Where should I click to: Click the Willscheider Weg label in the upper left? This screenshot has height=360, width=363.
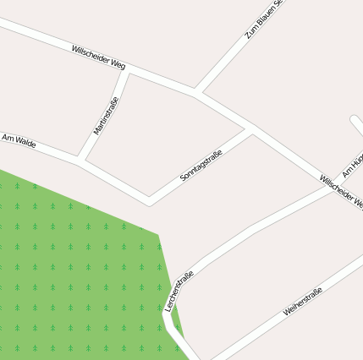(x=99, y=58)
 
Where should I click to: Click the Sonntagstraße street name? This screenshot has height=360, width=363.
(x=201, y=166)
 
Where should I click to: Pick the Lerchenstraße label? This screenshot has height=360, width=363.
(x=179, y=291)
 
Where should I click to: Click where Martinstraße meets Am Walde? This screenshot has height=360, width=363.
(x=80, y=158)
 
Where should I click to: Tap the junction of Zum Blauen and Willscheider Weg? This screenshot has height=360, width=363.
(x=195, y=91)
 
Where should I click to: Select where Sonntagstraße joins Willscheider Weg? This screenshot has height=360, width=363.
(x=250, y=131)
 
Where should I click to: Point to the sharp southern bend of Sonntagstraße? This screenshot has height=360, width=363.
(x=150, y=201)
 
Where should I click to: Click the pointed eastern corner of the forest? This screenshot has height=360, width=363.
(x=158, y=232)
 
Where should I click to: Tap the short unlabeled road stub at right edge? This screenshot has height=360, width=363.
(x=357, y=125)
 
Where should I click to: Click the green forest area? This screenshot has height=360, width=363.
(x=76, y=270)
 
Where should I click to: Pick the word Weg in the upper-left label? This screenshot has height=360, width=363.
(x=118, y=64)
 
